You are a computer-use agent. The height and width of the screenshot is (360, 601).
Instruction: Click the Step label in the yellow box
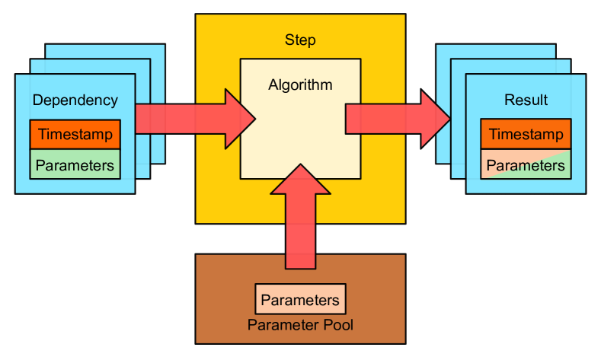tap(300, 40)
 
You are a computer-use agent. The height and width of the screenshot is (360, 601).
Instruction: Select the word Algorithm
tap(300, 84)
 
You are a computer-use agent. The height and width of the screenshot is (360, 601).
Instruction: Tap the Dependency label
tap(75, 100)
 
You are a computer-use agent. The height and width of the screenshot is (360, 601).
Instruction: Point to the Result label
tap(526, 100)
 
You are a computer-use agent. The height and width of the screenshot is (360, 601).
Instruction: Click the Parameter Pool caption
tap(300, 325)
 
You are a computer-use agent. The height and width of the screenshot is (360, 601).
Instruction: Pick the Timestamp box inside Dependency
tap(75, 135)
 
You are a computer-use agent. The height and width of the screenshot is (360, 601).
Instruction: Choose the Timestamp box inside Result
tap(526, 135)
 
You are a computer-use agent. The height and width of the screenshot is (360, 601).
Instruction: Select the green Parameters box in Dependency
tap(75, 164)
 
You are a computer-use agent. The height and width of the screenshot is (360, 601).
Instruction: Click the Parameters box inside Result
tap(526, 164)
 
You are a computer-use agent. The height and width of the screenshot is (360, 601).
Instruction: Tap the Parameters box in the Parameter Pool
tap(300, 300)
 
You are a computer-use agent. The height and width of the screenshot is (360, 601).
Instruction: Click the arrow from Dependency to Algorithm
tap(190, 119)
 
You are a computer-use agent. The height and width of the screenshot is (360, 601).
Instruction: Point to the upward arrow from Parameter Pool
tap(300, 221)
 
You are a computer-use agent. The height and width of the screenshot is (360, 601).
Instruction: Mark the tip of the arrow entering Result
tap(449, 119)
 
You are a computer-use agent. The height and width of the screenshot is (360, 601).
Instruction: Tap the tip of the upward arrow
tap(300, 164)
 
